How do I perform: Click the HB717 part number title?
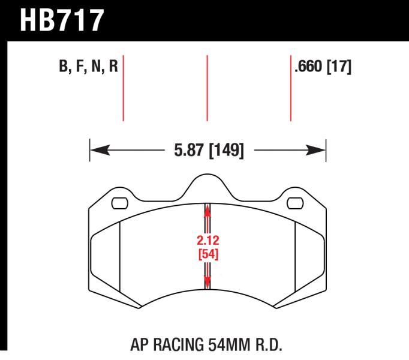[x=62, y=20]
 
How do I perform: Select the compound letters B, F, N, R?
[x=88, y=67]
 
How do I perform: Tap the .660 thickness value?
[x=308, y=67]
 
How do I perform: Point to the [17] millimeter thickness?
[x=339, y=67]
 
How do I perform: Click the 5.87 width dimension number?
[x=188, y=150]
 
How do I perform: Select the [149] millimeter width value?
[x=227, y=151]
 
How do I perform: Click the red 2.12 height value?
[x=208, y=240]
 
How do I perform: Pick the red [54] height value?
[x=208, y=254]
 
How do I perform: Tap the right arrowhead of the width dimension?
[x=315, y=150]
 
